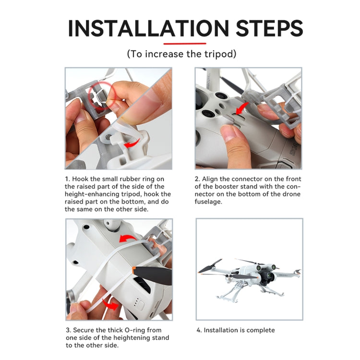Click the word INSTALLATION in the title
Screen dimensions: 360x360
148,28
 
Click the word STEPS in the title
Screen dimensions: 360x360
269,28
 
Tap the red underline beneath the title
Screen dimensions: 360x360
185,43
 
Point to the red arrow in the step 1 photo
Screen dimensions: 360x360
132,143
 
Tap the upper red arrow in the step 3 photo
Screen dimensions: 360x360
128,239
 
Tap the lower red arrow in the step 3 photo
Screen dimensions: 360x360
110,304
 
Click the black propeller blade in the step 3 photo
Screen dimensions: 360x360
153,275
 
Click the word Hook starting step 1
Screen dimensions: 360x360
80,179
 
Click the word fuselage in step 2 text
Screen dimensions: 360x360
208,202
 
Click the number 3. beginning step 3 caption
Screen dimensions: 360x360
69,330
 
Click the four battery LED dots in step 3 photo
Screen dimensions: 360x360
136,302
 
